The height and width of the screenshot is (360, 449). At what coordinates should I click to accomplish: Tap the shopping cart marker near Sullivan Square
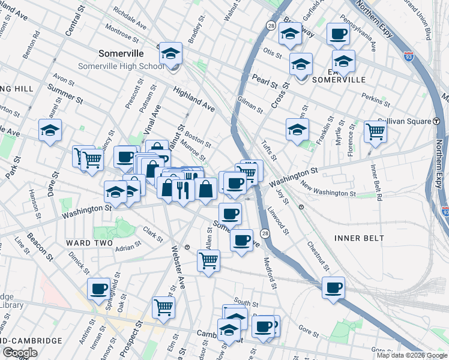375,131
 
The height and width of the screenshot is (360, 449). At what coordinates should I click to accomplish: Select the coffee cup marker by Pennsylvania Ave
338,34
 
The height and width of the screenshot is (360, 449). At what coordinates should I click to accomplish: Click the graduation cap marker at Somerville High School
170,54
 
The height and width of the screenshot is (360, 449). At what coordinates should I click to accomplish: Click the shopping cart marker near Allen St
208,261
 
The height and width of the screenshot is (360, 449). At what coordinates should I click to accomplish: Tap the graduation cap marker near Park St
50,130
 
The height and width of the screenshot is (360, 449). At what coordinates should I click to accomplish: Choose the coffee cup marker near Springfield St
99,289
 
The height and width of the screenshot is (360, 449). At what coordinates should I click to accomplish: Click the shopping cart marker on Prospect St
163,307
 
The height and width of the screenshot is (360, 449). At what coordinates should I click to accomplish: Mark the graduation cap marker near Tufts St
297,130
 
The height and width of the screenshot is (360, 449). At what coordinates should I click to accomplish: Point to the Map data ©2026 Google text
411,355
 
